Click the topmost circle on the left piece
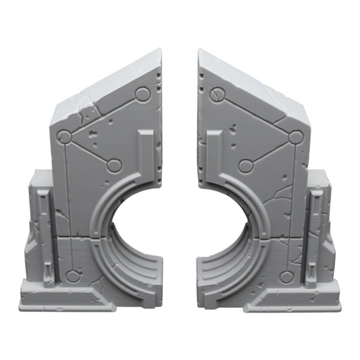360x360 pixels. pyautogui.click(x=143, y=94)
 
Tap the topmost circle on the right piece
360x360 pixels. pyautogui.click(x=217, y=94)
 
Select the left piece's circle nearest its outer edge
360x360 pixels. pyautogui.click(x=64, y=138)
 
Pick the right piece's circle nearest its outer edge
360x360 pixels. pyautogui.click(x=295, y=138)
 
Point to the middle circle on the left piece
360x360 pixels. pyautogui.click(x=114, y=165)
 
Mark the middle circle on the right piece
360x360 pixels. pyautogui.click(x=246, y=165)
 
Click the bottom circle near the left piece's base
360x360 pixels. pyautogui.click(x=73, y=276)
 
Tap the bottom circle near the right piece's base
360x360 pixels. pyautogui.click(x=286, y=276)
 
